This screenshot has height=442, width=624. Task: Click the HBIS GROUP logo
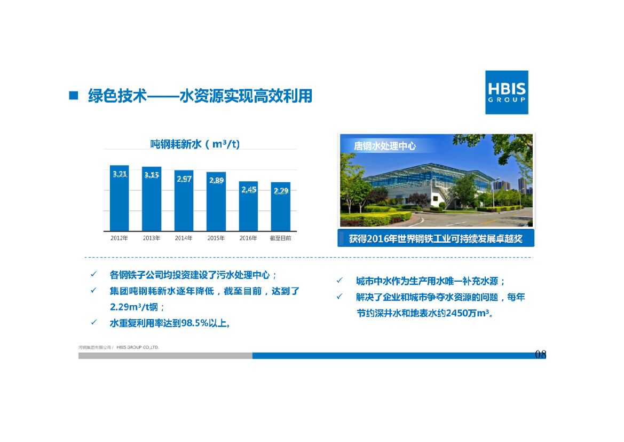506,92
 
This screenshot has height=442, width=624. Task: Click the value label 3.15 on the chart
152,175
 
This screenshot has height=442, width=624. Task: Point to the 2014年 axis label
184,238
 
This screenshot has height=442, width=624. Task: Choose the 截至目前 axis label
281,238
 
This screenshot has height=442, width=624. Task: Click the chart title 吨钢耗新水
175,144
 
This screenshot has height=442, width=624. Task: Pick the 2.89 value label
216,181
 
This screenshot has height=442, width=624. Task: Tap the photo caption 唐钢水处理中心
384,146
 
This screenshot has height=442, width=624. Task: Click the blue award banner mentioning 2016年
436,239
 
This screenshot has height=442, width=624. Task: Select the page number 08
540,354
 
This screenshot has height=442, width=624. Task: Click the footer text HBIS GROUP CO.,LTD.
137,347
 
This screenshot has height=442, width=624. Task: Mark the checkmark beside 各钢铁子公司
93,275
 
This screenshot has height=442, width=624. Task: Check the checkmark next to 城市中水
339,281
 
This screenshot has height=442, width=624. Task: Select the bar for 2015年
216,201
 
